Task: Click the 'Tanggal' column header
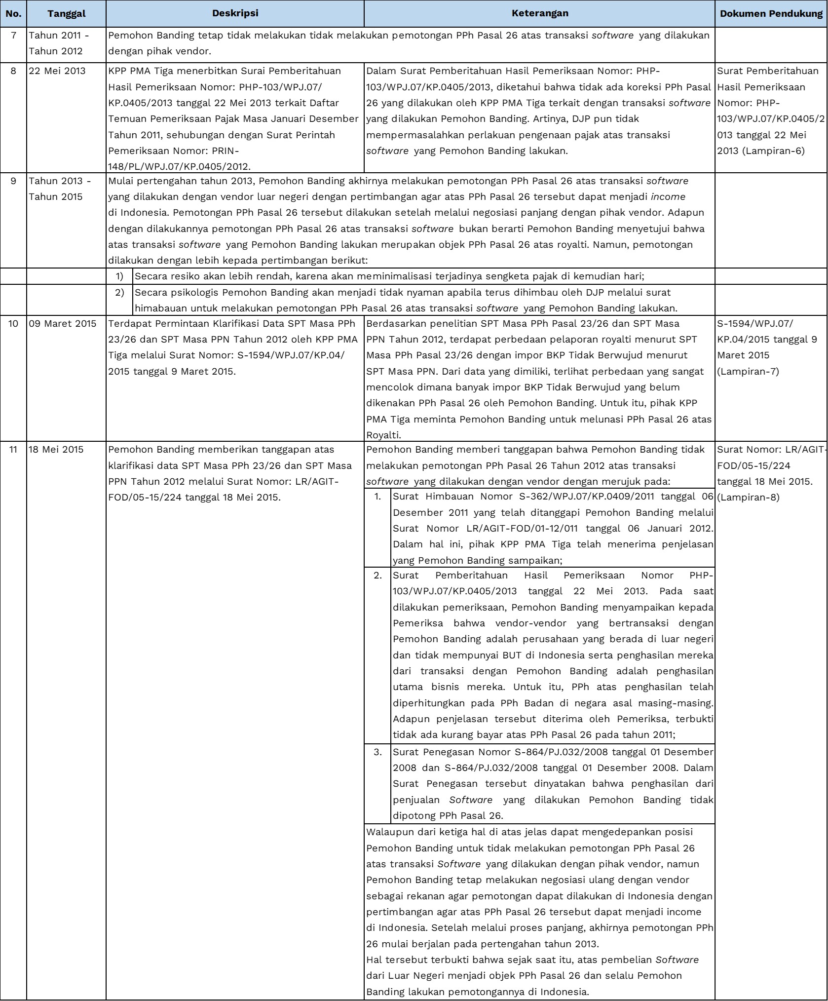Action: click(67, 14)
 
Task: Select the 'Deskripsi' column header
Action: click(235, 13)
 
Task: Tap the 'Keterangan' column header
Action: click(539, 13)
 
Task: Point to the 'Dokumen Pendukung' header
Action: click(771, 14)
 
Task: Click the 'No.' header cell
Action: click(13, 14)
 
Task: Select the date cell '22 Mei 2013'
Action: click(57, 71)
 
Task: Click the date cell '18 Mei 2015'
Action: click(56, 450)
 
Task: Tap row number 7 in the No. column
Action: click(13, 36)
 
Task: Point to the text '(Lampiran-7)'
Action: click(748, 372)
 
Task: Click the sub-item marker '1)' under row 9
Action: click(119, 276)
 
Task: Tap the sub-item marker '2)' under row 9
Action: click(119, 293)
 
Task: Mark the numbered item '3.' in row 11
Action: click(377, 752)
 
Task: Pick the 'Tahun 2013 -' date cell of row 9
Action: click(60, 181)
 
